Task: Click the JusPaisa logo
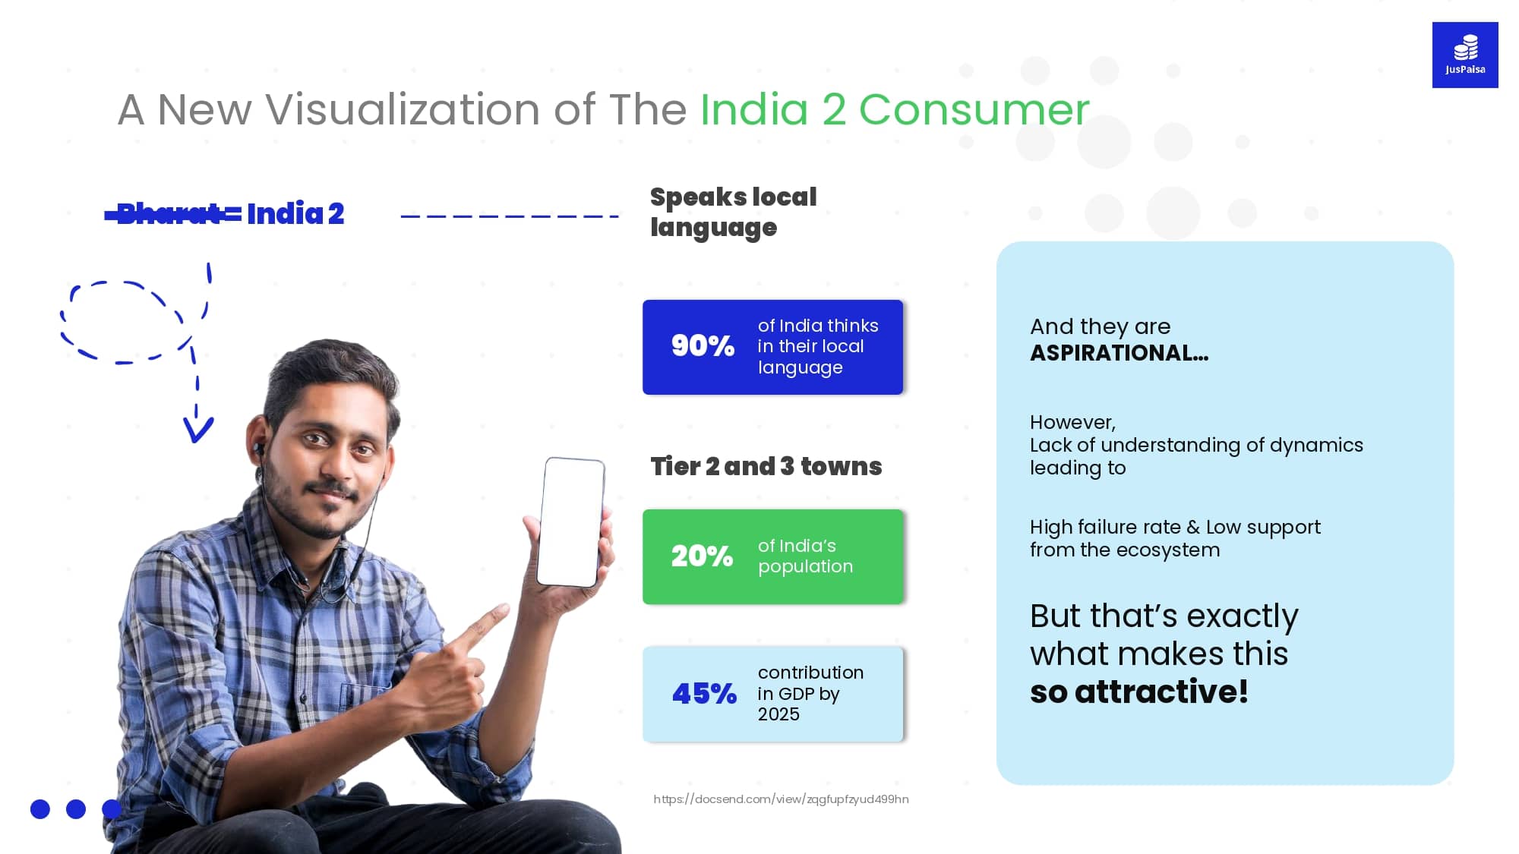coord(1464,55)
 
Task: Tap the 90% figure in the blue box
coord(703,346)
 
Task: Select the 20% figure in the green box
coord(702,556)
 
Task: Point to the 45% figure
coord(704,694)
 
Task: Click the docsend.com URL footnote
coord(781,799)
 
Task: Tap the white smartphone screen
coord(571,522)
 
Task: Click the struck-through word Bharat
coord(169,214)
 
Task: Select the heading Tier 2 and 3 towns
coord(766,466)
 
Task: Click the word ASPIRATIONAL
coord(1119,353)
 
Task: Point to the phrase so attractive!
coord(1138,692)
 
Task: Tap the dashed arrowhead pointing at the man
coord(197,430)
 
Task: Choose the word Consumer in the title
coord(974,109)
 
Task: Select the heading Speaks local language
coord(733,213)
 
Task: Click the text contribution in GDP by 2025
coord(810,693)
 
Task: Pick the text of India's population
coord(805,556)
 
